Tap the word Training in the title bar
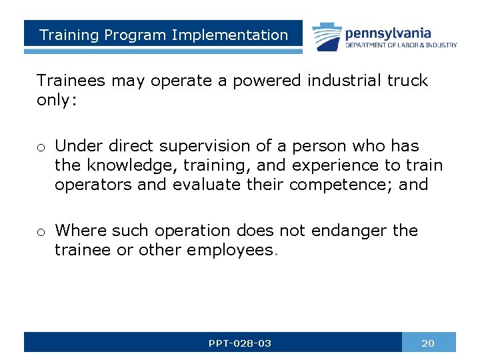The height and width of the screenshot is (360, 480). pyautogui.click(x=67, y=35)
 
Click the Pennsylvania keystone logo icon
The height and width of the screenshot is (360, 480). pyautogui.click(x=326, y=37)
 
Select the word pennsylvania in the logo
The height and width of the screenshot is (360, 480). pyautogui.click(x=388, y=33)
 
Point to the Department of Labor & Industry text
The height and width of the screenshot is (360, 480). pyautogui.click(x=401, y=45)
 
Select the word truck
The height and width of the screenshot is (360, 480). pyautogui.click(x=405, y=81)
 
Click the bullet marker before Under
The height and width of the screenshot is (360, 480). pyautogui.click(x=41, y=147)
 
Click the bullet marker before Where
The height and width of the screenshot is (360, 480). pyautogui.click(x=41, y=232)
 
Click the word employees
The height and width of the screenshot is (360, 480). pyautogui.click(x=230, y=250)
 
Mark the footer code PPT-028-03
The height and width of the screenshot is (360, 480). pyautogui.click(x=240, y=343)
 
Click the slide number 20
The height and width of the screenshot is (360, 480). pyautogui.click(x=428, y=343)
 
